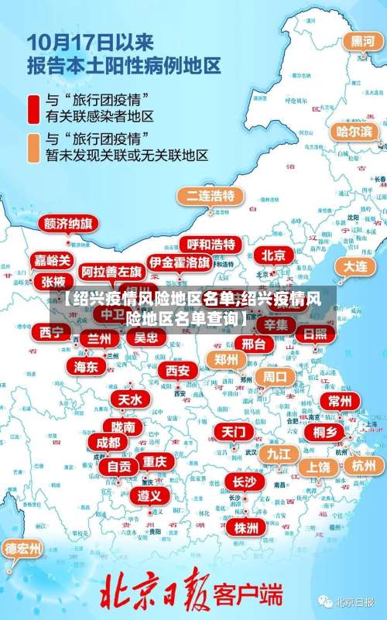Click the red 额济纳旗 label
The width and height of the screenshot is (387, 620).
coord(68,224)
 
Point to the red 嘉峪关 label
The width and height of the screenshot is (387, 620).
coord(53,260)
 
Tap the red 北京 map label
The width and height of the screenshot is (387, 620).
coord(272,255)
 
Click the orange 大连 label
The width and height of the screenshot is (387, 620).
coord(356,265)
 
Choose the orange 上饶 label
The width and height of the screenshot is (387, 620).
coord(318,467)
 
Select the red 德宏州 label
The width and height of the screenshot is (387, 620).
coord(24,549)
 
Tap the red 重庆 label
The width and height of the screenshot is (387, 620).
coord(155,461)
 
